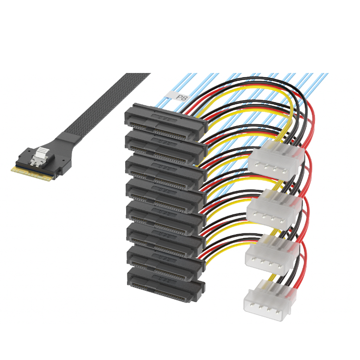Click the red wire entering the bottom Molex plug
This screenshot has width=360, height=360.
(298, 283)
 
